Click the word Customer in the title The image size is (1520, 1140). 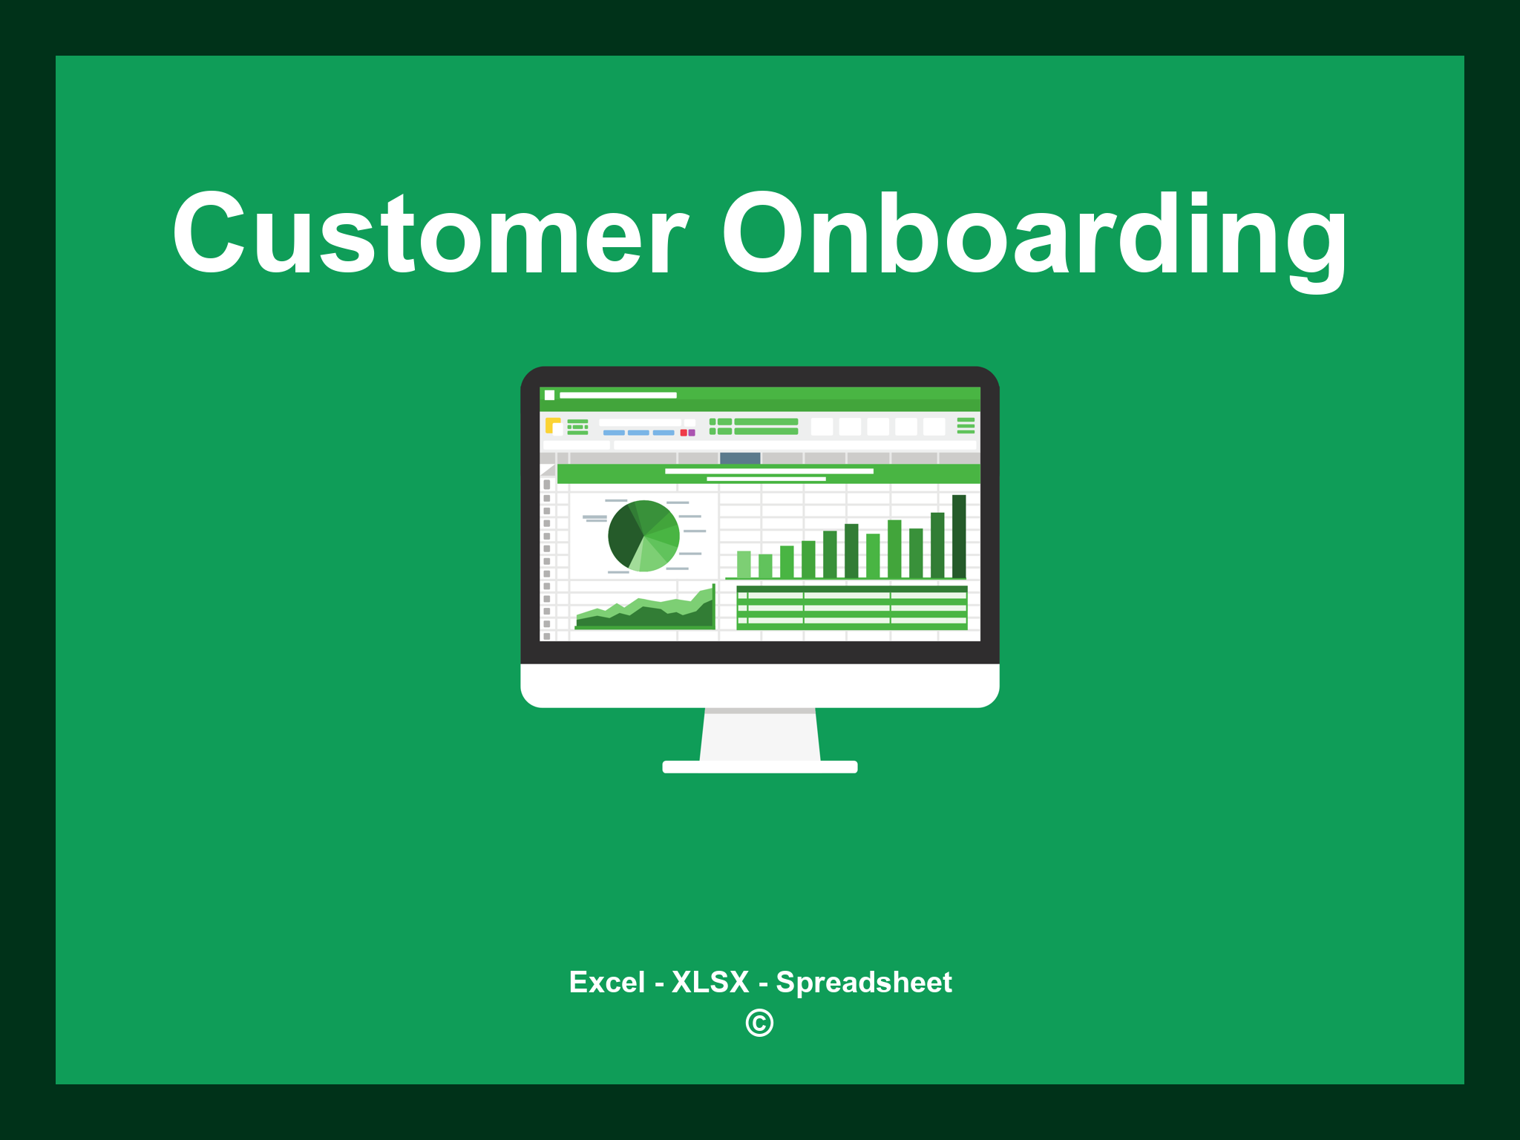[430, 234]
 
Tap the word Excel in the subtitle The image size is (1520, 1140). [606, 982]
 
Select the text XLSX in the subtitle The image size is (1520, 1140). [710, 982]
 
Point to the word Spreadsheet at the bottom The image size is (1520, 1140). [863, 982]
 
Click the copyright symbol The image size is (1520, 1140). [759, 1023]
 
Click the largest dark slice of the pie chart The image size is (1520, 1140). [623, 538]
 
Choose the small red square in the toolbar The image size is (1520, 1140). [684, 433]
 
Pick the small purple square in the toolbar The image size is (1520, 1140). [692, 433]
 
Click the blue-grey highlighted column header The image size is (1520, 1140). [740, 458]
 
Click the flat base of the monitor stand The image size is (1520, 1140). [760, 767]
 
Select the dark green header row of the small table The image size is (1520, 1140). [851, 589]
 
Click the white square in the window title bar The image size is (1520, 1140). [550, 395]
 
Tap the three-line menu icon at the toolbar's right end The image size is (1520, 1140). [966, 425]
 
